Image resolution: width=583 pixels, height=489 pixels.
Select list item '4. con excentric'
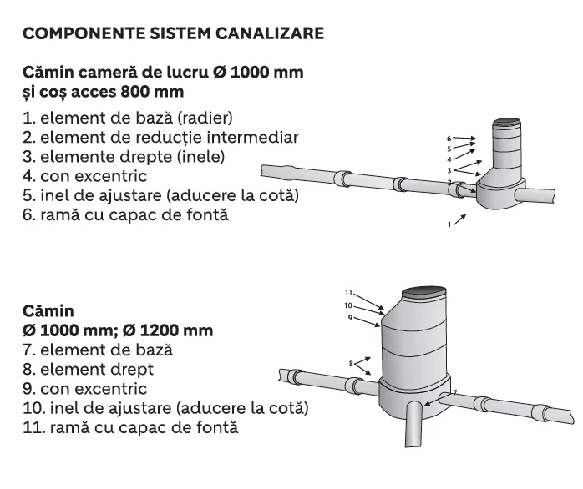click(85, 176)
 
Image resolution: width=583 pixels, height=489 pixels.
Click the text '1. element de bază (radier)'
click(127, 117)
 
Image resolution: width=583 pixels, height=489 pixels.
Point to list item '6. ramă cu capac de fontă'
click(125, 215)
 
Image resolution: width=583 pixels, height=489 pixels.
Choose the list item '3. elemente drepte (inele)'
click(124, 156)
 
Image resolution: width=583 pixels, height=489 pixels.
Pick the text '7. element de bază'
click(97, 350)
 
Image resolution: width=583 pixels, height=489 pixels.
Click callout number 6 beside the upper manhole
click(449, 138)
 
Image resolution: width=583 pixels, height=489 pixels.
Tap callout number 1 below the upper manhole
click(449, 224)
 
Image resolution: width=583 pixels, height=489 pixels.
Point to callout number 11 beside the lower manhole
click(350, 293)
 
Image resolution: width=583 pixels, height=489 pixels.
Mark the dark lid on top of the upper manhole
click(505, 123)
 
